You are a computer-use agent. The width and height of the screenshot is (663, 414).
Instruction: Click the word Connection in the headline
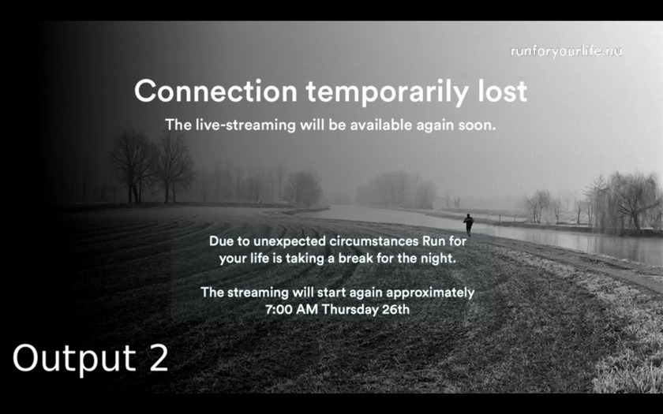coord(215,91)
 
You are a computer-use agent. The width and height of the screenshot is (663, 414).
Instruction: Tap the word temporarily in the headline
coord(388,92)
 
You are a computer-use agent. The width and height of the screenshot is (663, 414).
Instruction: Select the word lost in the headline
coord(503,91)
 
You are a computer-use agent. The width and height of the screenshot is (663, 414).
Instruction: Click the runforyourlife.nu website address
coord(566,51)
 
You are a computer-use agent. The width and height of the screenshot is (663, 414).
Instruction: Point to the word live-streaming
coord(245,125)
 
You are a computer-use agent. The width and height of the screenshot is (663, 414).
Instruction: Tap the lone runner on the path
coord(469,224)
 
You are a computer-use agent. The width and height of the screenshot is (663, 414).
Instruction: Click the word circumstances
coord(374,241)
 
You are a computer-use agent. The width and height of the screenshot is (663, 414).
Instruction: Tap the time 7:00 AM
coord(291,310)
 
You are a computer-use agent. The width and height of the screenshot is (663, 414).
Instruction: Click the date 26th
coord(395,310)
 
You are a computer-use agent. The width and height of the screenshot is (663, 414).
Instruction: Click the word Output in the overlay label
coord(74,359)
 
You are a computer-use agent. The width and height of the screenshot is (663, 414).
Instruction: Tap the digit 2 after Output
coord(159,358)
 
